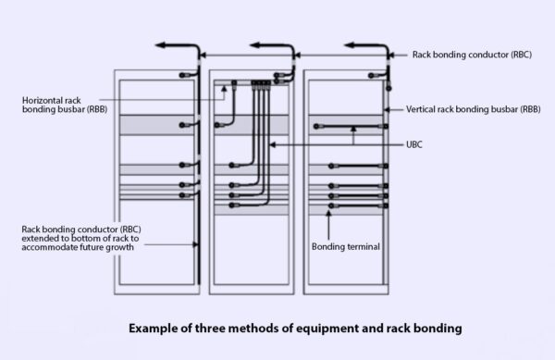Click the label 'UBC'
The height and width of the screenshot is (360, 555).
click(x=415, y=144)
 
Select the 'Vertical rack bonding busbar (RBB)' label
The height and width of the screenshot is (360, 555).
click(x=472, y=108)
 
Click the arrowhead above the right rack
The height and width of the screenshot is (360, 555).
click(x=348, y=44)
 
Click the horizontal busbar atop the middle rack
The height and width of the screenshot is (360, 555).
click(x=252, y=83)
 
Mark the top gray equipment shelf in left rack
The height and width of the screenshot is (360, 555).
click(x=154, y=124)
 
